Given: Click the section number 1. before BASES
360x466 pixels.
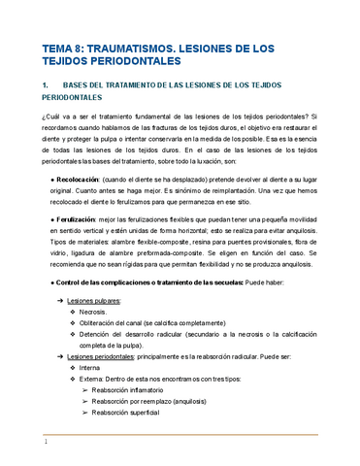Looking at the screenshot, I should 46,86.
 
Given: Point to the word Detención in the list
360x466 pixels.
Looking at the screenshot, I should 102,336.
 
